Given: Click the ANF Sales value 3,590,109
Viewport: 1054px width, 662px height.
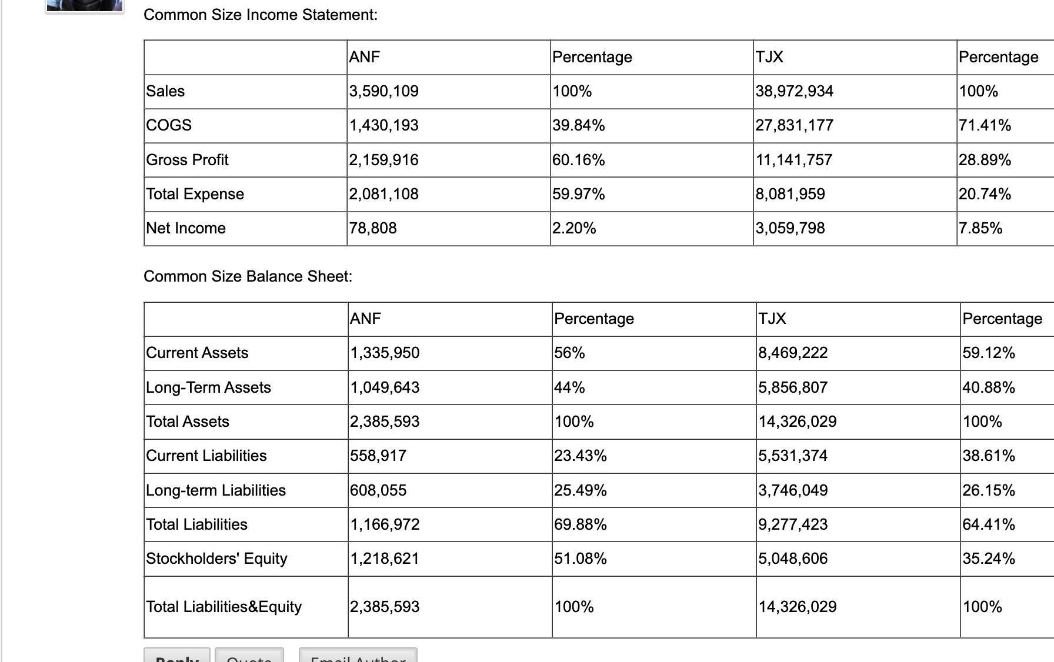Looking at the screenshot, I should pyautogui.click(x=384, y=91).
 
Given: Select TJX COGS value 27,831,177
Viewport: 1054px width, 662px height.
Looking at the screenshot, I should pyautogui.click(x=794, y=125).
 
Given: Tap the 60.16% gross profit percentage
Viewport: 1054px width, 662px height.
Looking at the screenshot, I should pyautogui.click(x=579, y=160).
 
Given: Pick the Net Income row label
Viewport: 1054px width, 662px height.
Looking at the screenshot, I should pyautogui.click(x=186, y=228).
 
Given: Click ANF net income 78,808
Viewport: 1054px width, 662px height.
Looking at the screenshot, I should pyautogui.click(x=373, y=228).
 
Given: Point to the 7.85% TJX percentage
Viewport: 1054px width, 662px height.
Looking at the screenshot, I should pyautogui.click(x=980, y=228).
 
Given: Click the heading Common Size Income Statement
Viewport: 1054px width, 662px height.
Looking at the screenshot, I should pyautogui.click(x=261, y=15).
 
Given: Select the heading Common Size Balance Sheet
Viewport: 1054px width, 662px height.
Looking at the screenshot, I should pyautogui.click(x=248, y=276).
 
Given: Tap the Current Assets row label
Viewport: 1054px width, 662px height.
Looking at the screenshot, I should pyautogui.click(x=197, y=353).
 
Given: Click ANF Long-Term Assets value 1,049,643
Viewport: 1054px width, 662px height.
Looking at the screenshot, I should pyautogui.click(x=385, y=387).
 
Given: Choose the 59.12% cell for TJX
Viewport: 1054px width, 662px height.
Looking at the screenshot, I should pyautogui.click(x=989, y=353).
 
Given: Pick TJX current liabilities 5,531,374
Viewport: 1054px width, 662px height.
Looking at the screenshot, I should pyautogui.click(x=793, y=456).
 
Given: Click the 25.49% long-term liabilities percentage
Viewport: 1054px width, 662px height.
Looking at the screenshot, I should pyautogui.click(x=581, y=490).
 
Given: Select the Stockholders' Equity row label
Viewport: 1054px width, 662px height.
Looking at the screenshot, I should pyautogui.click(x=216, y=559).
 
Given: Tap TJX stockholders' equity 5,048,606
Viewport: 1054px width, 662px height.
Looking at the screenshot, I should pyautogui.click(x=793, y=559).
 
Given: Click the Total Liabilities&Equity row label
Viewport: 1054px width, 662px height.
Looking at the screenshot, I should pyautogui.click(x=224, y=607).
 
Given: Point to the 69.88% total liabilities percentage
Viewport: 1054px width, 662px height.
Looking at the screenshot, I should pyautogui.click(x=581, y=524).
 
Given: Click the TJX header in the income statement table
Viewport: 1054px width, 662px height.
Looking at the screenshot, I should pyautogui.click(x=769, y=57).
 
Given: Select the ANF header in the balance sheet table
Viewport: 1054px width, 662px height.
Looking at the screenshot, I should pyautogui.click(x=365, y=319).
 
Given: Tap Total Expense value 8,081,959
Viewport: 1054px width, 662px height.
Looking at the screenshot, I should pyautogui.click(x=790, y=194).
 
